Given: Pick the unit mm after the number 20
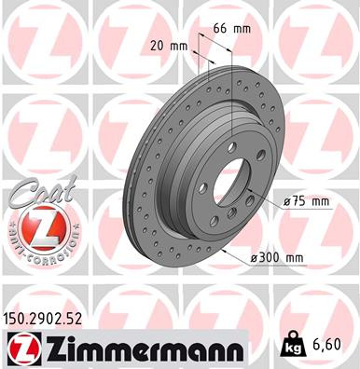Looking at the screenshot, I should [177, 44].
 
